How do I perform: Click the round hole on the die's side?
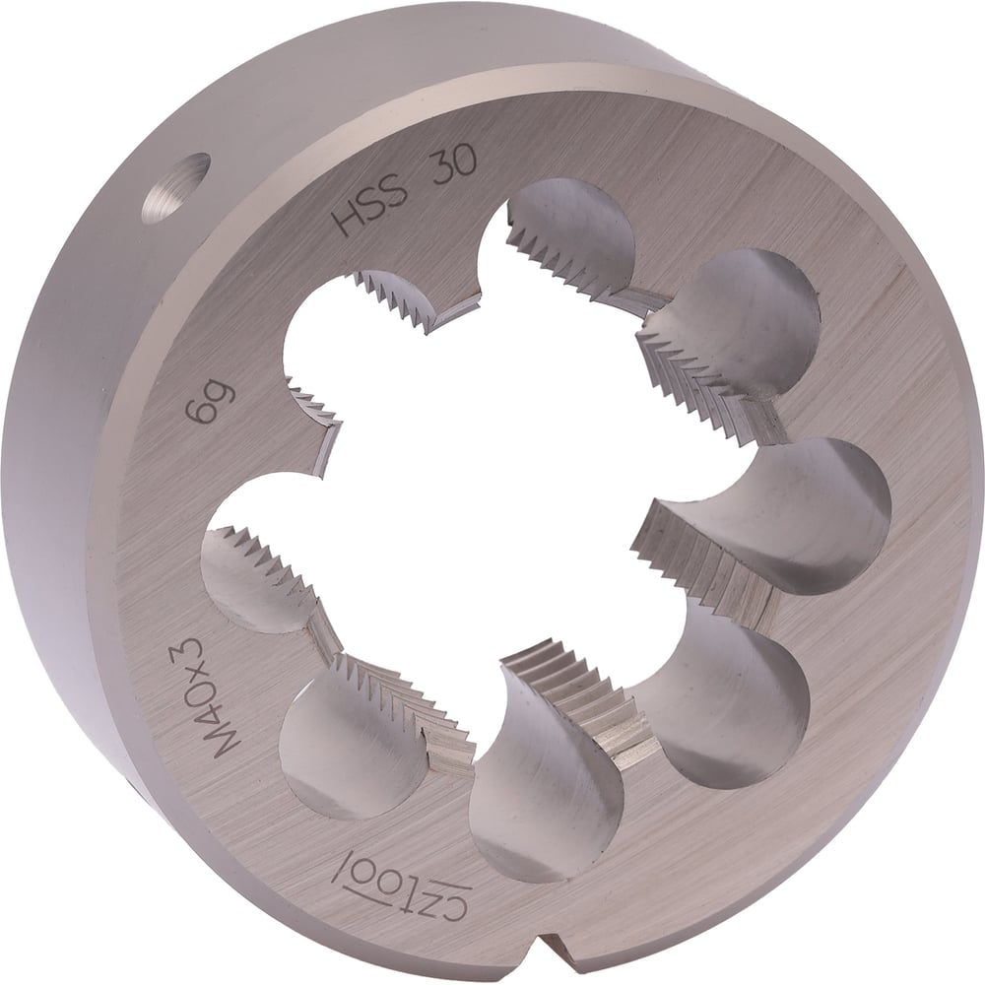(x=175, y=190)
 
